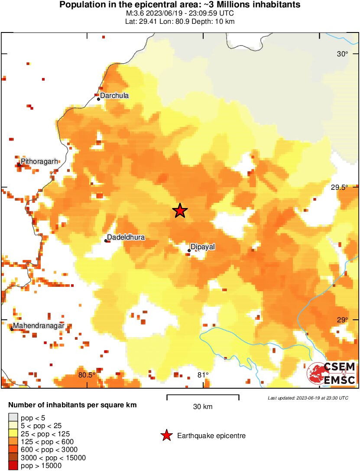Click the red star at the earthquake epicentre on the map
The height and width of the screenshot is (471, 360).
(x=180, y=211)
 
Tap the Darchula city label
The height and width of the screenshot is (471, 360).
(x=114, y=96)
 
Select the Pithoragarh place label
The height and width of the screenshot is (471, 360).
(x=39, y=162)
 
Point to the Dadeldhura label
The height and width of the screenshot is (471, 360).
(x=126, y=237)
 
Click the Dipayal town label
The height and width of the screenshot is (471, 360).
(x=203, y=247)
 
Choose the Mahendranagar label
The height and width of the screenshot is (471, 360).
(x=39, y=325)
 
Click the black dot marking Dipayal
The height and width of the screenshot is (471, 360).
(x=189, y=250)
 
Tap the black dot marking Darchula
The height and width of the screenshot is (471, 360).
(x=99, y=99)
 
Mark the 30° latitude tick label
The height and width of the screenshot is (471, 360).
(x=343, y=54)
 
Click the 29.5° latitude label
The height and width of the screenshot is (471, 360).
(x=339, y=188)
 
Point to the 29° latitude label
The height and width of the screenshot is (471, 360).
(x=343, y=320)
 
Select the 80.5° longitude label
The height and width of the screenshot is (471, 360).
(x=87, y=375)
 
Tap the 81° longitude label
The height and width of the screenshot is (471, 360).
(x=203, y=375)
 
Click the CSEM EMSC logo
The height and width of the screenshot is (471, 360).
(x=331, y=374)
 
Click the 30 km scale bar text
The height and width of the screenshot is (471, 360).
(x=203, y=407)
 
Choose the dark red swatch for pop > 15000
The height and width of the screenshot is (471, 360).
(x=13, y=466)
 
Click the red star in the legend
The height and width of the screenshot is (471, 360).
(x=166, y=436)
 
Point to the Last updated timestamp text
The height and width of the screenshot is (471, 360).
(x=308, y=398)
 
